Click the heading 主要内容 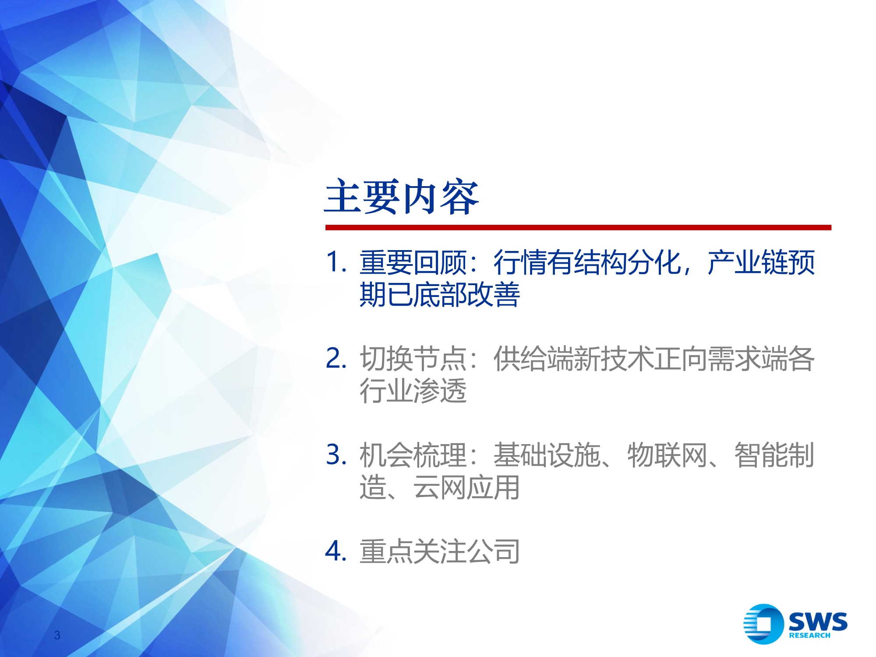coord(401,197)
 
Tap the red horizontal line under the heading coord(578,227)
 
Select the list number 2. coord(336,358)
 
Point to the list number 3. coord(336,455)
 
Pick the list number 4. coord(336,551)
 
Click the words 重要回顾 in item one coord(413,262)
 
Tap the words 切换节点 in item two coord(413,359)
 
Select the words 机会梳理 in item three coord(413,455)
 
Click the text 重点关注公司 coord(439,551)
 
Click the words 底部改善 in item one coord(466,294)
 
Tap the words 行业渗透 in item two coord(413,391)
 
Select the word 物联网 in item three coord(667,455)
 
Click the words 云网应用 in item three coord(466,487)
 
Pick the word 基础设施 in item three coord(547,455)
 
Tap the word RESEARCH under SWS coord(809,635)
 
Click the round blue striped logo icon coord(763,624)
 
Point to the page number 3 coord(57,635)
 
